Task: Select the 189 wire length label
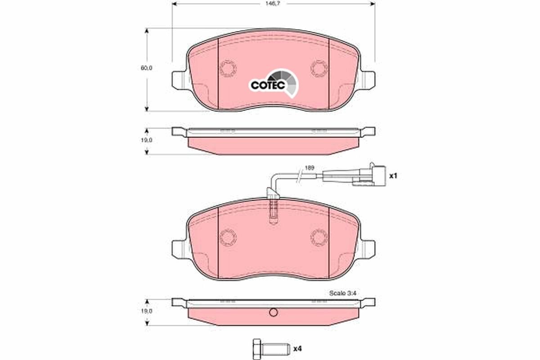309,168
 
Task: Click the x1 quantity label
393,176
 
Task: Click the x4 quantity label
297,349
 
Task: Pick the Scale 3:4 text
343,293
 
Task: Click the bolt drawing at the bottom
268,348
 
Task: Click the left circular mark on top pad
228,68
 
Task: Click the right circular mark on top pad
319,68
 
